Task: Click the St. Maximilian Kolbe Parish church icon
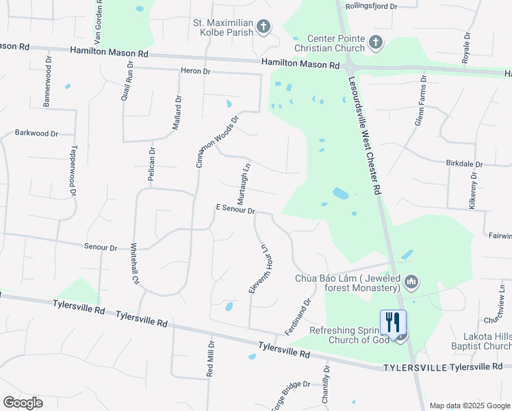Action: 264,27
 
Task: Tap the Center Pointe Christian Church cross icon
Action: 375,43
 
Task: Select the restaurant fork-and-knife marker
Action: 393,322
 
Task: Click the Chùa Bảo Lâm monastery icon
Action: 411,282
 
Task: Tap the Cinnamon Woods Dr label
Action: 218,141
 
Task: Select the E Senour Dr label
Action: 235,209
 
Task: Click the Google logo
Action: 23,403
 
